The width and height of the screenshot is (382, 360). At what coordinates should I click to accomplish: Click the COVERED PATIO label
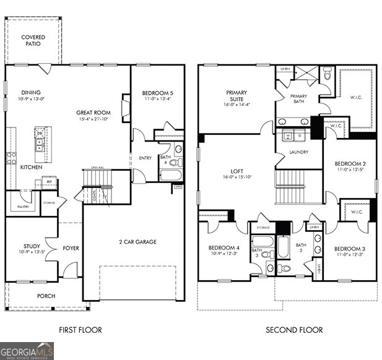click(33, 41)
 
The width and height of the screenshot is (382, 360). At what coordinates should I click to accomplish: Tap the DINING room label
click(30, 92)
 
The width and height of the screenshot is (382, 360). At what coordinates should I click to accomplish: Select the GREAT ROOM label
click(93, 113)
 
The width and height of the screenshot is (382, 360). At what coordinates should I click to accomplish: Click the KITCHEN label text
click(30, 167)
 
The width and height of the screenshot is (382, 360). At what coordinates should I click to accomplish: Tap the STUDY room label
click(32, 246)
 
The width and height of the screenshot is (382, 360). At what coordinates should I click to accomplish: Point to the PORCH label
click(45, 296)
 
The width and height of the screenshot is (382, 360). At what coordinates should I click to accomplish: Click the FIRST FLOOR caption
click(80, 330)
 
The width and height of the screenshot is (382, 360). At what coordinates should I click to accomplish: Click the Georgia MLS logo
click(27, 351)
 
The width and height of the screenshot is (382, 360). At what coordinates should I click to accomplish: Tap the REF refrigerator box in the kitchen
click(46, 182)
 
